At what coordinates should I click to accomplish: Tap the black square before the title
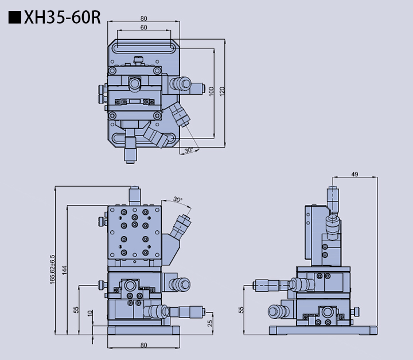tap(15, 18)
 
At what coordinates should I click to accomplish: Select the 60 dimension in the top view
tap(143, 27)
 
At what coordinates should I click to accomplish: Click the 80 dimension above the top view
tap(143, 18)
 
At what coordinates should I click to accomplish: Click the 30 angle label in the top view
tap(188, 150)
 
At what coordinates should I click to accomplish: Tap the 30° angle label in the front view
tap(178, 200)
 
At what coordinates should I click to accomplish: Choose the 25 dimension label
tap(211, 324)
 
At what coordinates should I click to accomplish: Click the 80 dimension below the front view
tap(143, 344)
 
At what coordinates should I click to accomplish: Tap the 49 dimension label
tap(354, 175)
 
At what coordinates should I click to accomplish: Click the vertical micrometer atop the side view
tap(333, 198)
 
